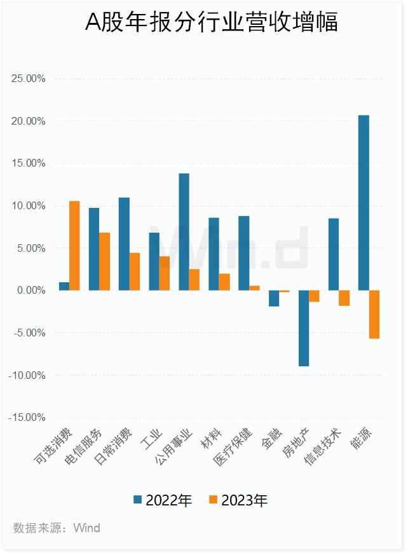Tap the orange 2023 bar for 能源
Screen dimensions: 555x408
(374, 314)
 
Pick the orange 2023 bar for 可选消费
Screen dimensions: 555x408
(74, 245)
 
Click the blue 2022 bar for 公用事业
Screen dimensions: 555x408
(184, 231)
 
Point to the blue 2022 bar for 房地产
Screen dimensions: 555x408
(304, 328)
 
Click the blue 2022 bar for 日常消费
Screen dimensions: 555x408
(124, 243)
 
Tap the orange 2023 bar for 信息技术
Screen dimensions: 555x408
(344, 298)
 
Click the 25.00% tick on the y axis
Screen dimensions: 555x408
(29, 79)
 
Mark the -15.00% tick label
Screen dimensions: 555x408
(27, 418)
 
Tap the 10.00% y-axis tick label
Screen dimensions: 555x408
(29, 206)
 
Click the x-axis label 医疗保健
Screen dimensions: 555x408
(233, 448)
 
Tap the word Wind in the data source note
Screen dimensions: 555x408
(86, 528)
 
